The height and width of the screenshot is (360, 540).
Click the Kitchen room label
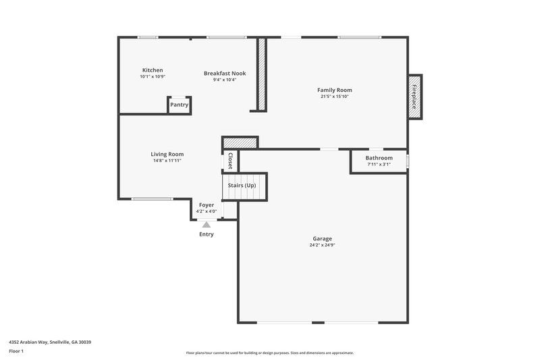point(152,70)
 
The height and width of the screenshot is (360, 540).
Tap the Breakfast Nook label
point(225,73)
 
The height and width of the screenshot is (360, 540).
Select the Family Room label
point(335,90)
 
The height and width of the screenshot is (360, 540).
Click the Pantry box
point(179,105)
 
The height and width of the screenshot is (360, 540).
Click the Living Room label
point(167,154)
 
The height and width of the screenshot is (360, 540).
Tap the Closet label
point(230,161)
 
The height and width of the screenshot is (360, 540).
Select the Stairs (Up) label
point(242,185)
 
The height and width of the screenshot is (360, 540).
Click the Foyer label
point(206,205)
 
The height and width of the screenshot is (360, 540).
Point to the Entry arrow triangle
point(207,224)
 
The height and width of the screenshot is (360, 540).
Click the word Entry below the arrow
point(207,234)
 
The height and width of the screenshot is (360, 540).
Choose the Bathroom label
point(379,158)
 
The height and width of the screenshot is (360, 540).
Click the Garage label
point(322,238)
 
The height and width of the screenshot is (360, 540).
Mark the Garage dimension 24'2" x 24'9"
point(322,245)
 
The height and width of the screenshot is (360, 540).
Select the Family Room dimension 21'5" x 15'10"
point(335,97)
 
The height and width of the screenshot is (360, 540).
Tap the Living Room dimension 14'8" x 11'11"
point(167,161)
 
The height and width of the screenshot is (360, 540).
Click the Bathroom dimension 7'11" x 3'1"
point(379,164)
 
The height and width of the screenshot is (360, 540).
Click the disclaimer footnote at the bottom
point(270,353)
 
